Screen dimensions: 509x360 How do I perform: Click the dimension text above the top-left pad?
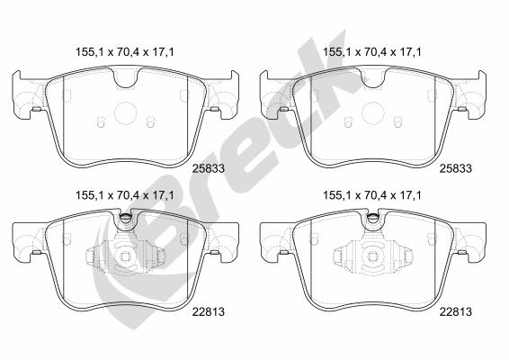[125, 52]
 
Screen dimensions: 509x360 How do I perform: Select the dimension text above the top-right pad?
[372, 52]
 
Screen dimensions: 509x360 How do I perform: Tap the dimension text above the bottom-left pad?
[125, 195]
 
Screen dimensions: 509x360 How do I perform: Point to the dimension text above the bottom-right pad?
[372, 195]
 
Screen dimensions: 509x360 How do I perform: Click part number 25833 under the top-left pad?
[209, 168]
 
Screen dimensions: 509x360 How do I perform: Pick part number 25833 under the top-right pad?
[455, 168]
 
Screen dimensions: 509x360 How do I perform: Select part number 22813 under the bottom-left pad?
[209, 312]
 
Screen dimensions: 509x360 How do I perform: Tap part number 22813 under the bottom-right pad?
[455, 312]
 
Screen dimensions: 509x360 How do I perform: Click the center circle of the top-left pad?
[125, 113]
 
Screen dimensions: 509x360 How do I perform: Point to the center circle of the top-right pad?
[372, 113]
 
